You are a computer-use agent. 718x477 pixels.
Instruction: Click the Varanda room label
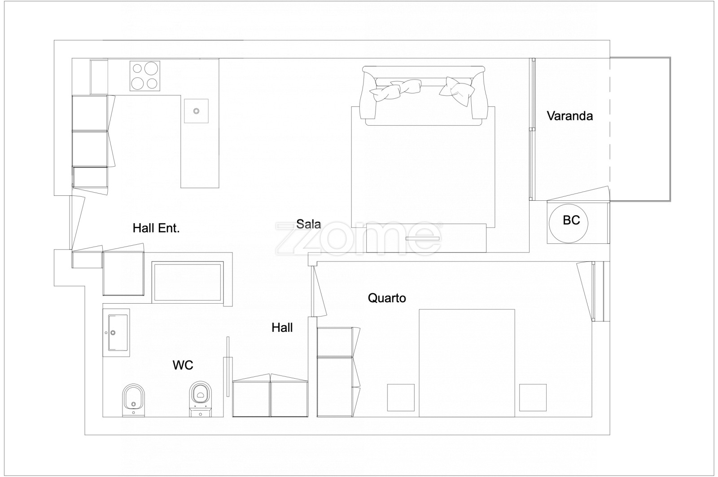coord(569,116)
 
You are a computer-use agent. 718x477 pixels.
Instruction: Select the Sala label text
coord(308,224)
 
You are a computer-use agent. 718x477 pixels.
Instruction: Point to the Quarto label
coord(387,298)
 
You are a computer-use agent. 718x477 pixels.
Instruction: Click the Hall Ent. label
coord(156,228)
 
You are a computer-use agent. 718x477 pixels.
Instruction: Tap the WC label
coord(183,365)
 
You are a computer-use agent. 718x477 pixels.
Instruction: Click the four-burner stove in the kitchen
coord(145,76)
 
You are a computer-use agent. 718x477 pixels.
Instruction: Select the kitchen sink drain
coord(196,111)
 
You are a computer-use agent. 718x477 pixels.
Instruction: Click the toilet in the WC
coord(200,399)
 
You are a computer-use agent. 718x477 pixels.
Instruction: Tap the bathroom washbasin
coord(116,333)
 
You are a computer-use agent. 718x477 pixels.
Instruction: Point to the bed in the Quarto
coord(467,363)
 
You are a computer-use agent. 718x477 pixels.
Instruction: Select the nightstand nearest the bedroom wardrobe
coord(401,397)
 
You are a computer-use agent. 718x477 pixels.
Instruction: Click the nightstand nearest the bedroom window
coord(533,397)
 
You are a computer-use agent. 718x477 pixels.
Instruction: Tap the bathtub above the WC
coord(188,282)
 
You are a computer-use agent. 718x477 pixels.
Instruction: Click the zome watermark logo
coord(359,238)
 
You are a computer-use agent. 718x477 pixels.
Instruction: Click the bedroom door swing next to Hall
coord(319,291)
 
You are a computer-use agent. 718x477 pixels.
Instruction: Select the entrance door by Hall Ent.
coord(78,223)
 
